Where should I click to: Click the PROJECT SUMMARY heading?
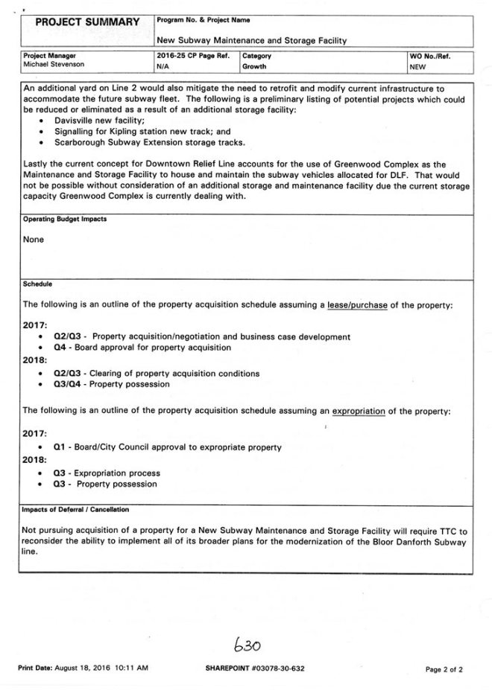(86, 23)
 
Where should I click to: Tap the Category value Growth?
(253, 66)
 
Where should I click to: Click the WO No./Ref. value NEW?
(417, 66)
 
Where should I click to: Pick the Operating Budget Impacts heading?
(65, 221)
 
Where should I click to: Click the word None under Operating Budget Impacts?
(34, 240)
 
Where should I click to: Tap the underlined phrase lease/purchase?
(357, 305)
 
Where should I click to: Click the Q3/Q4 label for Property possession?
(69, 384)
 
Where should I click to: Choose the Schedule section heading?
(37, 284)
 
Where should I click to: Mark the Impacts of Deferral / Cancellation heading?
(76, 510)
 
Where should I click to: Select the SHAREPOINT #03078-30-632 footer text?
(255, 669)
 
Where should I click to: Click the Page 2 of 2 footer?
(444, 669)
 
